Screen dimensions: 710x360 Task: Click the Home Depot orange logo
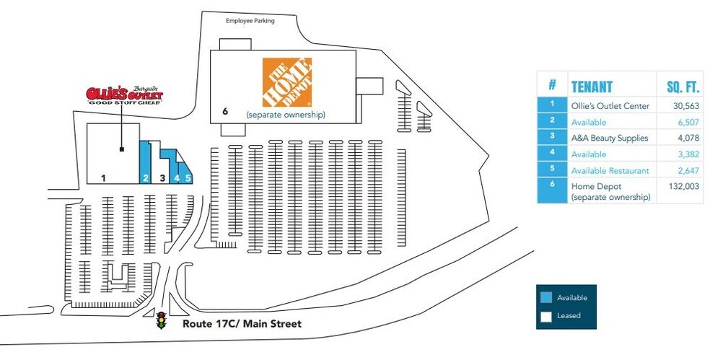pyautogui.click(x=287, y=82)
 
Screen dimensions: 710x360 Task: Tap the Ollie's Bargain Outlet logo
pyautogui.click(x=125, y=95)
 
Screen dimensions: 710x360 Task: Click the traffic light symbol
pyautogui.click(x=161, y=320)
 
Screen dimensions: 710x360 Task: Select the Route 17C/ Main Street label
pyautogui.click(x=242, y=324)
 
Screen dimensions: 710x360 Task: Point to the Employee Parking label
pyautogui.click(x=250, y=21)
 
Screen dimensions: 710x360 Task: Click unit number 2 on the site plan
pyautogui.click(x=145, y=178)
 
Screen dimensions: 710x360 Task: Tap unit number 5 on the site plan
pyautogui.click(x=188, y=178)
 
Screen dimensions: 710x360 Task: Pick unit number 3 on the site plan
pyautogui.click(x=162, y=178)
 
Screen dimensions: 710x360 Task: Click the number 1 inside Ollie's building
pyautogui.click(x=103, y=178)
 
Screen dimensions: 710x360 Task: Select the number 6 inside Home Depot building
pyautogui.click(x=225, y=111)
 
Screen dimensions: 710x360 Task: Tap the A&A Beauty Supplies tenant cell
pyautogui.click(x=610, y=138)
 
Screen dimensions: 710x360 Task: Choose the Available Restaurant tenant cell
pyautogui.click(x=610, y=171)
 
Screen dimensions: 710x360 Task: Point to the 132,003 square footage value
pyautogui.click(x=684, y=186)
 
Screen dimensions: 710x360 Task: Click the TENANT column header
pyautogui.click(x=592, y=86)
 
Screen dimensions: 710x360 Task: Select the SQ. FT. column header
pyautogui.click(x=683, y=87)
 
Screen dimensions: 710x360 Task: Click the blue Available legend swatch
pyautogui.click(x=546, y=297)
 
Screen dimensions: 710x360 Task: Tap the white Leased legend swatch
pyautogui.click(x=546, y=316)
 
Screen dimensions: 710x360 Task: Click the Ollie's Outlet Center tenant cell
pyautogui.click(x=610, y=106)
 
